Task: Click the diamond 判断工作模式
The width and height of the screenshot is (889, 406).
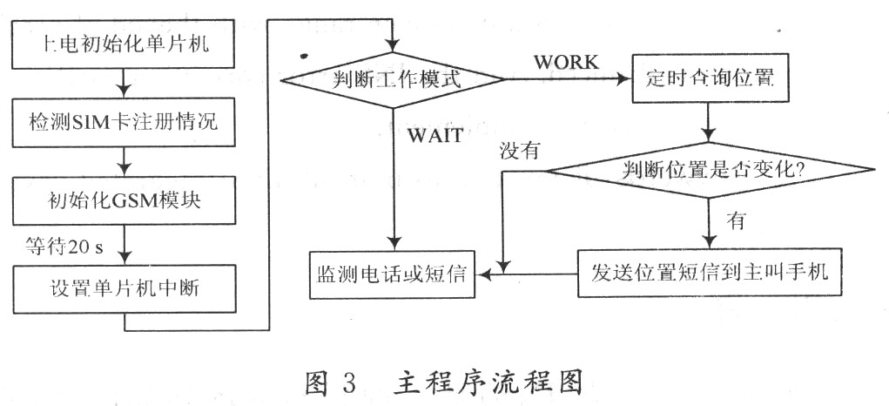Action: coord(394,80)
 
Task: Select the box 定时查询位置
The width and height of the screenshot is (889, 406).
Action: coord(712,79)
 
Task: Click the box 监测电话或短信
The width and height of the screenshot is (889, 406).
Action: coord(394,274)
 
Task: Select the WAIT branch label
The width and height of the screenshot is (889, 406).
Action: coord(433,136)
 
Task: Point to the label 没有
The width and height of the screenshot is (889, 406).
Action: coord(520,149)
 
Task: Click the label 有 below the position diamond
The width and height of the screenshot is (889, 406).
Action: coord(737,221)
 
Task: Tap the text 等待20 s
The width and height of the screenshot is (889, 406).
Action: coord(66,246)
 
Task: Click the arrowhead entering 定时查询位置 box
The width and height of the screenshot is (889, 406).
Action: coord(623,79)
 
